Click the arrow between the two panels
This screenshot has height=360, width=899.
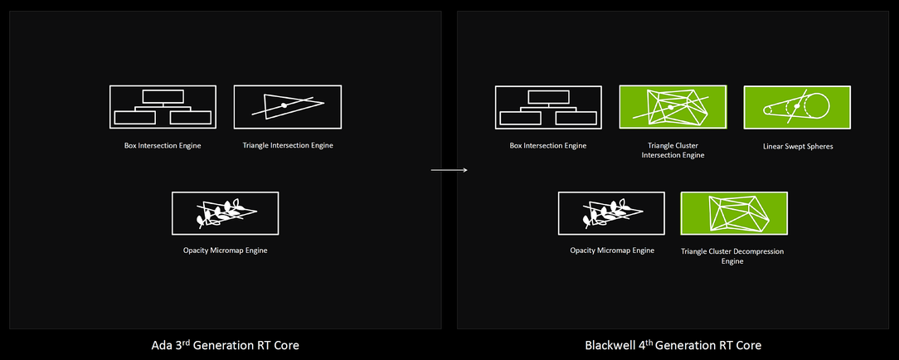pos(449,170)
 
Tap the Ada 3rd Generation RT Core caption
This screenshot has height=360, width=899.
pos(225,345)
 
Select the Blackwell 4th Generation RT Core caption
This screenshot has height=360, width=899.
pos(673,345)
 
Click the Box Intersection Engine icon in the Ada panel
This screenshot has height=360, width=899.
pos(163,107)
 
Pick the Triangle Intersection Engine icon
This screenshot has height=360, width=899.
pos(287,107)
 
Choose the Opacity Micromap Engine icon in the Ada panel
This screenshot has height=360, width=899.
pos(226,213)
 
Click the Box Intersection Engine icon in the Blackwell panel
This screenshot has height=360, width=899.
pos(548,107)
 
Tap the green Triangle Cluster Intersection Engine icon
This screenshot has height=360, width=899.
pos(673,107)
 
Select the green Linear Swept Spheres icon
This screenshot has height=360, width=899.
pos(797,107)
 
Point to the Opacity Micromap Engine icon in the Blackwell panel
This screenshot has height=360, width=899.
pos(611,213)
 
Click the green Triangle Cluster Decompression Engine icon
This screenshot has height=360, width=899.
pos(734,213)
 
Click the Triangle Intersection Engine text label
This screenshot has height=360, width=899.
pos(288,146)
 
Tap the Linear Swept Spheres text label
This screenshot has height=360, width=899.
pos(798,146)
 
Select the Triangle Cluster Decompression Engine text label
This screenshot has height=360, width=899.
pos(732,256)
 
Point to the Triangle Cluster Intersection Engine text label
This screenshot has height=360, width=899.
pos(673,150)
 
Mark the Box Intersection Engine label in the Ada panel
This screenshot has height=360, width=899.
pos(163,146)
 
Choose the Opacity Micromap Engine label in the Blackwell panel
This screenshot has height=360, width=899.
pos(612,251)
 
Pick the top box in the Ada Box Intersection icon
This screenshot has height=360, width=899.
pos(163,96)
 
